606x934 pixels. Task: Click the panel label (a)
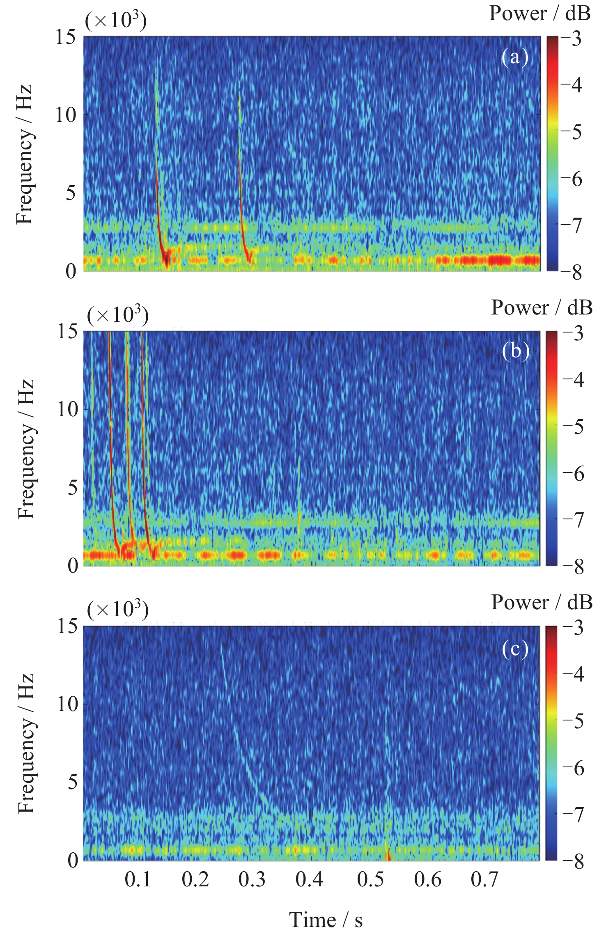515,57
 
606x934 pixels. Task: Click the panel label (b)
516,351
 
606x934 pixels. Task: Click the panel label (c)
515,649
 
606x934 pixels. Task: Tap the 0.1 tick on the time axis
138,879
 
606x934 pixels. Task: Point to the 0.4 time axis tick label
310,879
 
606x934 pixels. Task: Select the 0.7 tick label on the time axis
484,879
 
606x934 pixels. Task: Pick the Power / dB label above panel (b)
542,308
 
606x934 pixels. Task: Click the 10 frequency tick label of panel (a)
66,115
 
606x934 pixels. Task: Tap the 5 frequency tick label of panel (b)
73,488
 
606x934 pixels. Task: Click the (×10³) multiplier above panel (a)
116,21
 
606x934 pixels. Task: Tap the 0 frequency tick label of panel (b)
73,566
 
